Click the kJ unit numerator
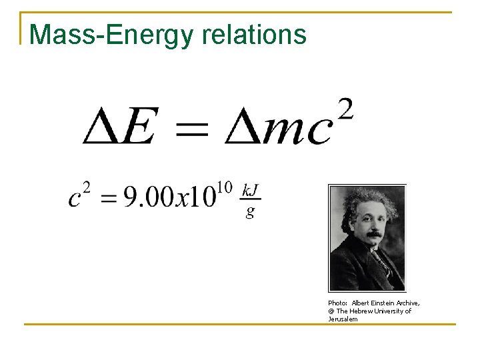coord(251,190)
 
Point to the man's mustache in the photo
coord(374,234)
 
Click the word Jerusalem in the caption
coord(343,319)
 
